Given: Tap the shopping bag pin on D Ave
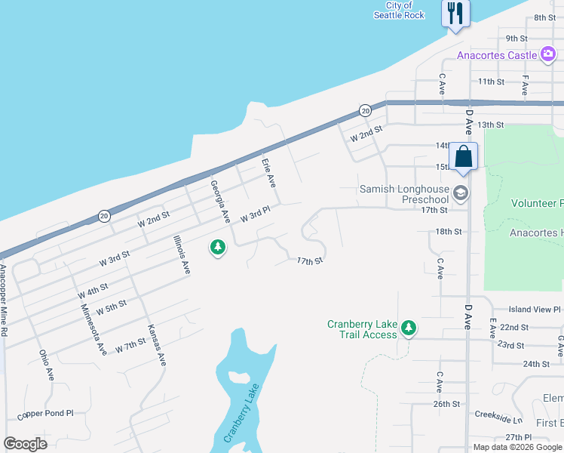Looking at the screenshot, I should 463,157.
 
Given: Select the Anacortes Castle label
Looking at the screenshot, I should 497,55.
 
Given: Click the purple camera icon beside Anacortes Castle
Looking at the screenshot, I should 549,54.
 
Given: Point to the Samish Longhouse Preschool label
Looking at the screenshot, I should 404,194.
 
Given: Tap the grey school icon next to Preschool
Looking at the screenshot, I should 461,194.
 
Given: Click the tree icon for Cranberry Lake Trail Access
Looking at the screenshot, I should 408,328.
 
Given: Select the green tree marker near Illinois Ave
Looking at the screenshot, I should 218,247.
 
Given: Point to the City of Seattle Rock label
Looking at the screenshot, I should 399,11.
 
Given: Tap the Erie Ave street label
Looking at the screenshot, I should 268,173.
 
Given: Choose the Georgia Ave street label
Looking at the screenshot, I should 219,201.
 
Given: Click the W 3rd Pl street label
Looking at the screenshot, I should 255,215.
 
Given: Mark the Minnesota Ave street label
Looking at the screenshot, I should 92,328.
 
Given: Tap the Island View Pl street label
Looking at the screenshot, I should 535,310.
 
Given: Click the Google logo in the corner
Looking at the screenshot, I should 25,443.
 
